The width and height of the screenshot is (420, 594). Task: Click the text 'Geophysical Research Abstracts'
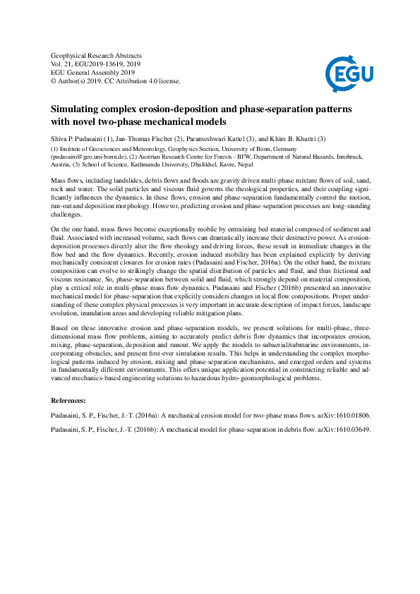[97, 55]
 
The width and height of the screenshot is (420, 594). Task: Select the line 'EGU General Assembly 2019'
[92, 72]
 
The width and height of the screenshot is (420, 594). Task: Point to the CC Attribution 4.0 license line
[116, 81]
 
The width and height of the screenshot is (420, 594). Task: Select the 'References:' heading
[73, 400]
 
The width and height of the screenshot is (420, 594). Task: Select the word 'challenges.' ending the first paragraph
[67, 214]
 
